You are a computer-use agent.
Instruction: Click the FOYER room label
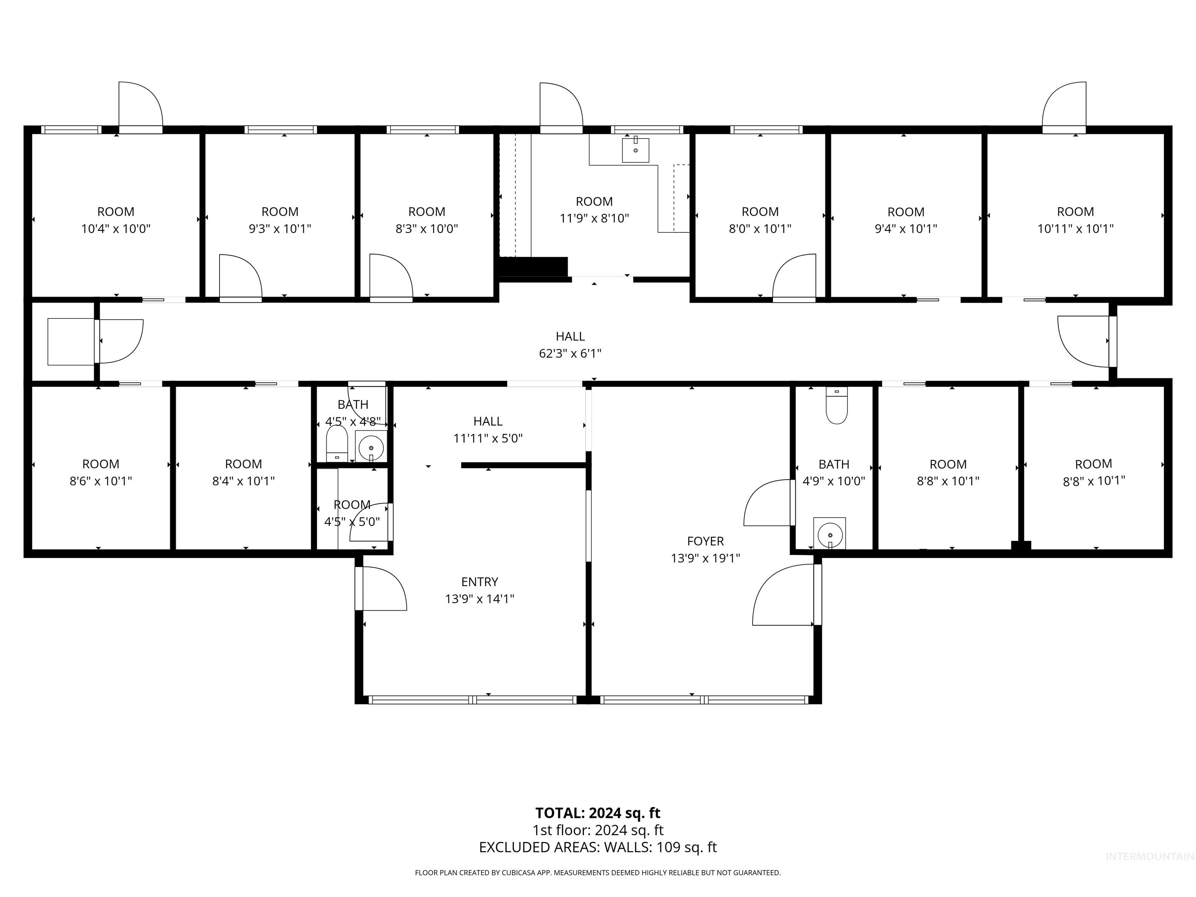705,541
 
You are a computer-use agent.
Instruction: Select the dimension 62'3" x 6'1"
570,354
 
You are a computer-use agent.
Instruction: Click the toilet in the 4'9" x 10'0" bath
836,406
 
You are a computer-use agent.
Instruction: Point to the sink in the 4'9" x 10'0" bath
829,534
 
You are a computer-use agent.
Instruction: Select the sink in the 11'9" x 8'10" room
635,150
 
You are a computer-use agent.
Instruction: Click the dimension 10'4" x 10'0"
116,229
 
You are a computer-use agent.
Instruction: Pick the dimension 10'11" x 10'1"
1075,229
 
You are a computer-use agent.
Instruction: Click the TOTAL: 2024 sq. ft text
598,813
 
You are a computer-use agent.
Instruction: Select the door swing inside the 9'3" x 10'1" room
239,277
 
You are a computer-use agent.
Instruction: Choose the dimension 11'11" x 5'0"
488,438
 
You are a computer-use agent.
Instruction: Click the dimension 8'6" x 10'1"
100,481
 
